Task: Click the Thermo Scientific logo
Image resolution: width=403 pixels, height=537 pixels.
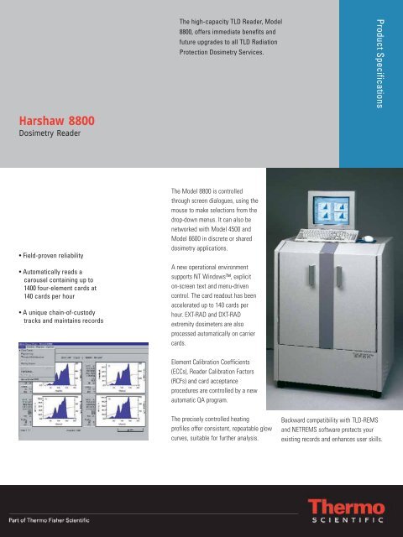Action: [x=346, y=511]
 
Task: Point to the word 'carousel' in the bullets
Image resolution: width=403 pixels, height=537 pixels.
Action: [x=50, y=286]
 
